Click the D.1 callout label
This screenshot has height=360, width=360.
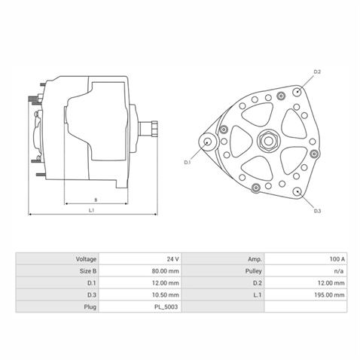188,162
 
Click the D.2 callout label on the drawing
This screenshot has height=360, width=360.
317,72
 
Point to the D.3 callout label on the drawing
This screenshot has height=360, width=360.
318,211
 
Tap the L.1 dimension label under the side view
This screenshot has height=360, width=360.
91,210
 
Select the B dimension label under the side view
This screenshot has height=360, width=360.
96,200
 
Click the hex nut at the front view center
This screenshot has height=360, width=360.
268,141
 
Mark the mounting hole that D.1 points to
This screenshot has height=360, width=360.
207,142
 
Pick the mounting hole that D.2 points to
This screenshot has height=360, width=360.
297,92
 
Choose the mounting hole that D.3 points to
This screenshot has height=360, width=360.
297,191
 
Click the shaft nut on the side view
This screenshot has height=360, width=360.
154,129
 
